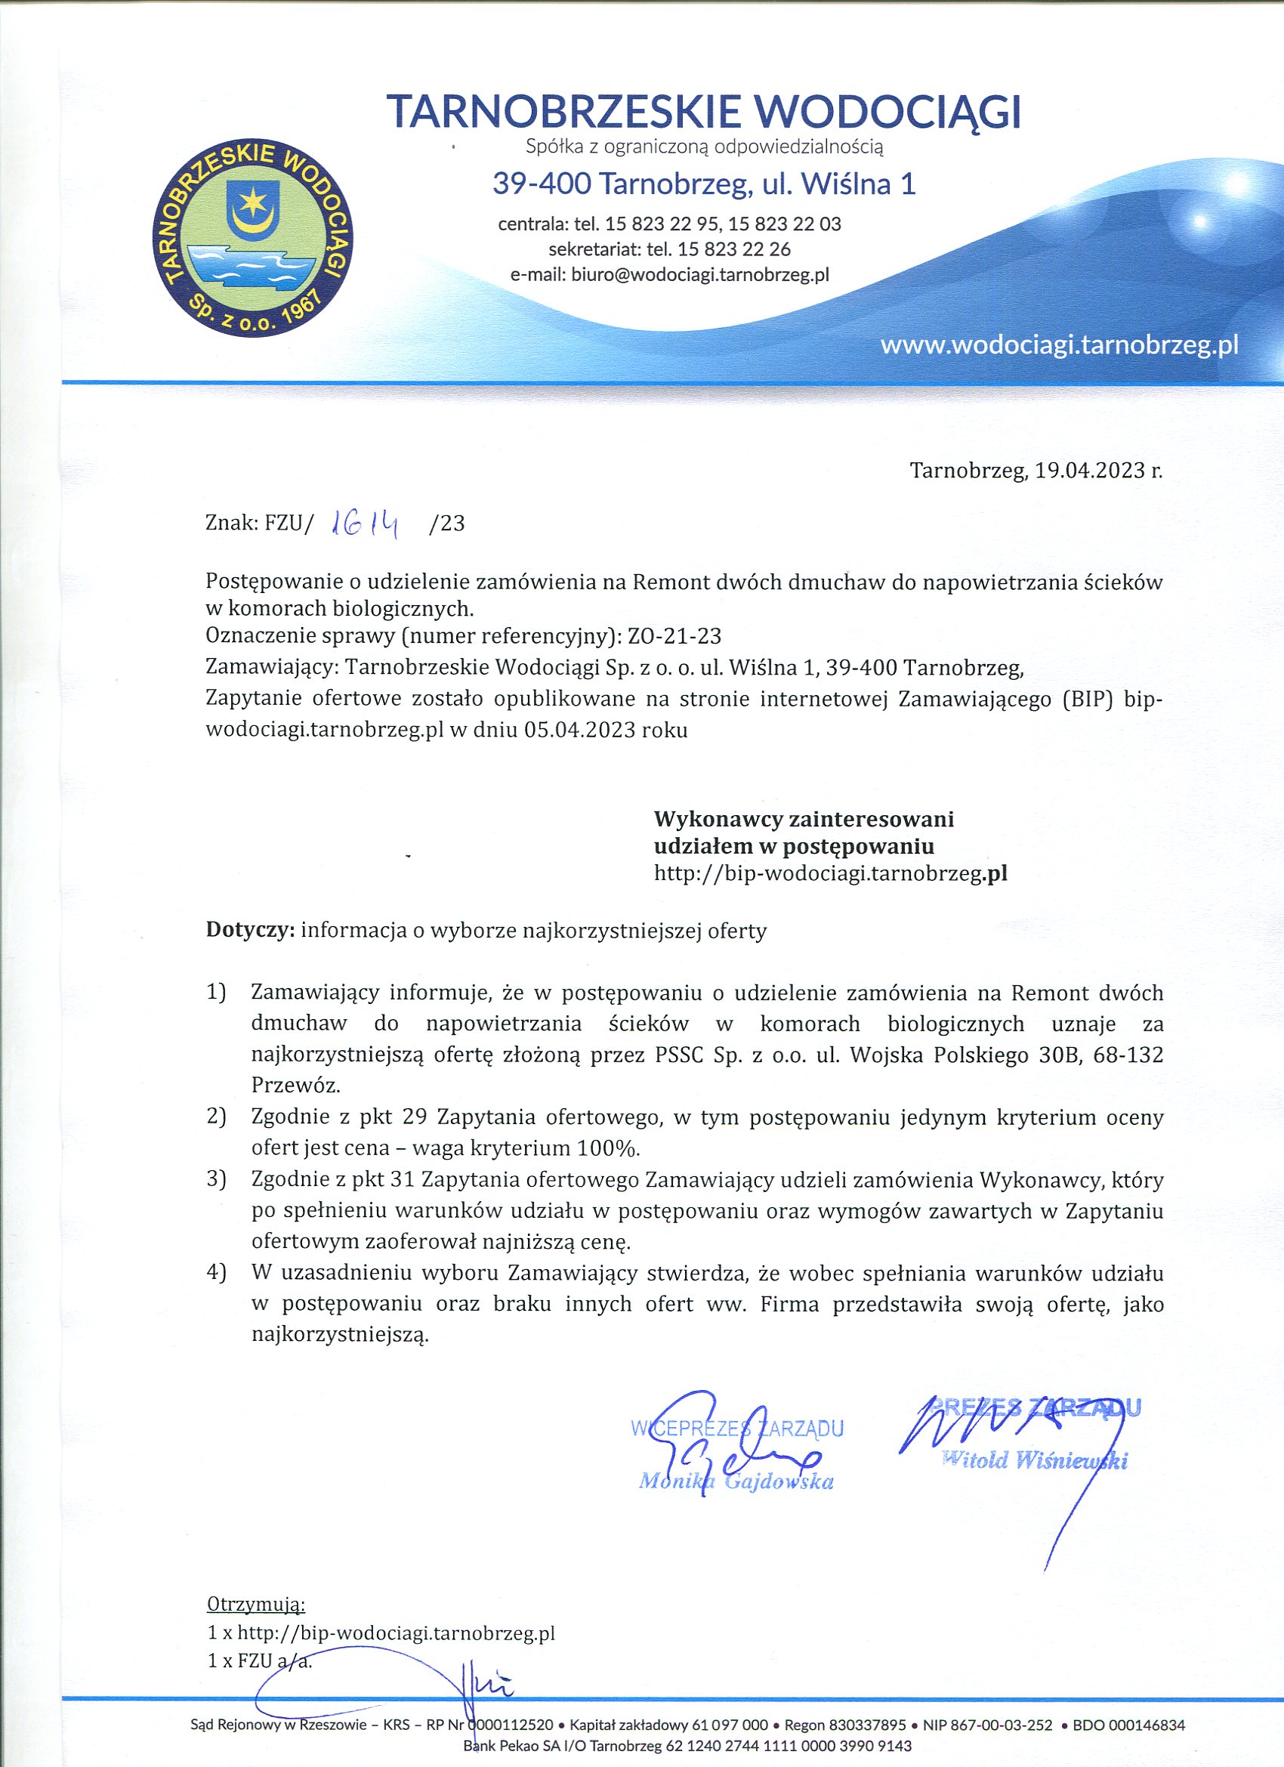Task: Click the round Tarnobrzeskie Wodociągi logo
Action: pos(252,239)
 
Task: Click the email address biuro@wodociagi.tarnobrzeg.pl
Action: pos(699,274)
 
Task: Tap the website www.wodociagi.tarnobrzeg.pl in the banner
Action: pos(1059,345)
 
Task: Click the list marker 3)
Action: pos(217,1179)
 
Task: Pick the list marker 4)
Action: pos(217,1273)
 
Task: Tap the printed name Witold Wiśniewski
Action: pos(1035,1460)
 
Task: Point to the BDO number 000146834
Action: pos(1147,1725)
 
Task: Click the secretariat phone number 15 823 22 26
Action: pos(734,249)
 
